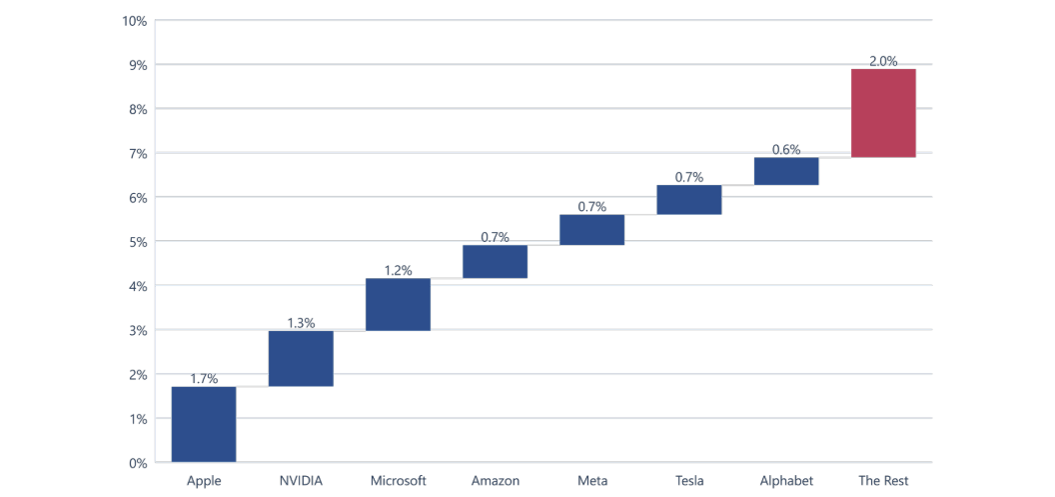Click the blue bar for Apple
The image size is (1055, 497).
(204, 424)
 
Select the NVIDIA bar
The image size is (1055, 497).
(301, 358)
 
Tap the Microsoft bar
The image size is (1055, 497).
(398, 304)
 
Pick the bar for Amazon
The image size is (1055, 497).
(496, 261)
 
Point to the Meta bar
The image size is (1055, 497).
(592, 230)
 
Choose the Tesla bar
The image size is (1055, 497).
(689, 200)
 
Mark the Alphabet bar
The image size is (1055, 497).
(786, 171)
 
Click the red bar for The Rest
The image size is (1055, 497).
(883, 113)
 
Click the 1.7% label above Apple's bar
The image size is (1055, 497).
(204, 378)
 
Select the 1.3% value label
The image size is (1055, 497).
(301, 323)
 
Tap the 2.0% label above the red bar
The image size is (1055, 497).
(883, 61)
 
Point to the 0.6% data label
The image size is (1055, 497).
(786, 150)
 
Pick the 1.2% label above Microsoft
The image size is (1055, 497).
(398, 270)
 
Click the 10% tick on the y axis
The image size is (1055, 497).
(135, 21)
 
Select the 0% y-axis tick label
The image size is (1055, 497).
(138, 463)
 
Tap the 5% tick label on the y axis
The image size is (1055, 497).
(138, 242)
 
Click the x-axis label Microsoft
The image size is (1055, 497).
(399, 481)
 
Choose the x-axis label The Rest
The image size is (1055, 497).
(883, 481)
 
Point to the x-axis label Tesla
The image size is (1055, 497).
(689, 481)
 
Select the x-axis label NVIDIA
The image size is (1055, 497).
(301, 481)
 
